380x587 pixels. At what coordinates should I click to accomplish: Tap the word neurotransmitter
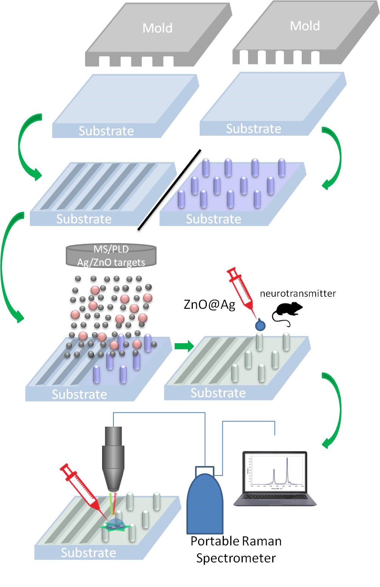coord(298,293)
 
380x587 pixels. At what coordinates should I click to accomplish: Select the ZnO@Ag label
coord(209,304)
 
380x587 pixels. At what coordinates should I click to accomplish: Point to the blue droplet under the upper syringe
coord(260,325)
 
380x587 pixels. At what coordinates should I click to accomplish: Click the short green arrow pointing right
coord(184,345)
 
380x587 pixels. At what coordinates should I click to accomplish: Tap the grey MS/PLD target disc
coord(111,256)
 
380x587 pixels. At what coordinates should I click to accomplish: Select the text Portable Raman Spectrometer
coord(236,550)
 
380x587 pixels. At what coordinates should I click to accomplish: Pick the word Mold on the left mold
coord(157,28)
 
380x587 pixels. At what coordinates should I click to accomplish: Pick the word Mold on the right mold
coord(305,26)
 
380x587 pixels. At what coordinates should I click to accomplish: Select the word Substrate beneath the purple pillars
coord(213,219)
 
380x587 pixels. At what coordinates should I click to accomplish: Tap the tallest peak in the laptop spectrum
coord(287,459)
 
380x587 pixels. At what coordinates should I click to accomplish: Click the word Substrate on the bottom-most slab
coord(88,553)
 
